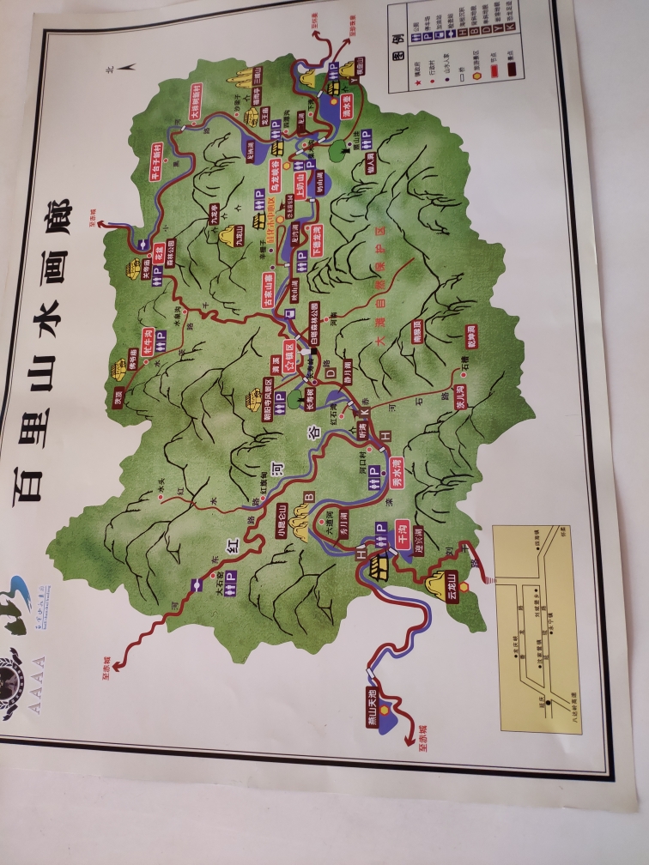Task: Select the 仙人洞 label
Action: [369, 160]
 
